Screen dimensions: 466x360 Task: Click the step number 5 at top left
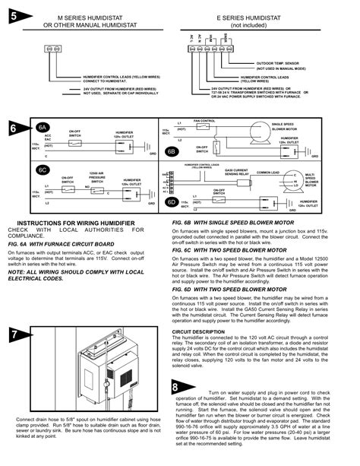click(15, 14)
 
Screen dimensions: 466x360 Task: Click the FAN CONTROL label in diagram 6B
click(204, 120)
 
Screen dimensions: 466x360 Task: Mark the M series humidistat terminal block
click(52, 47)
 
